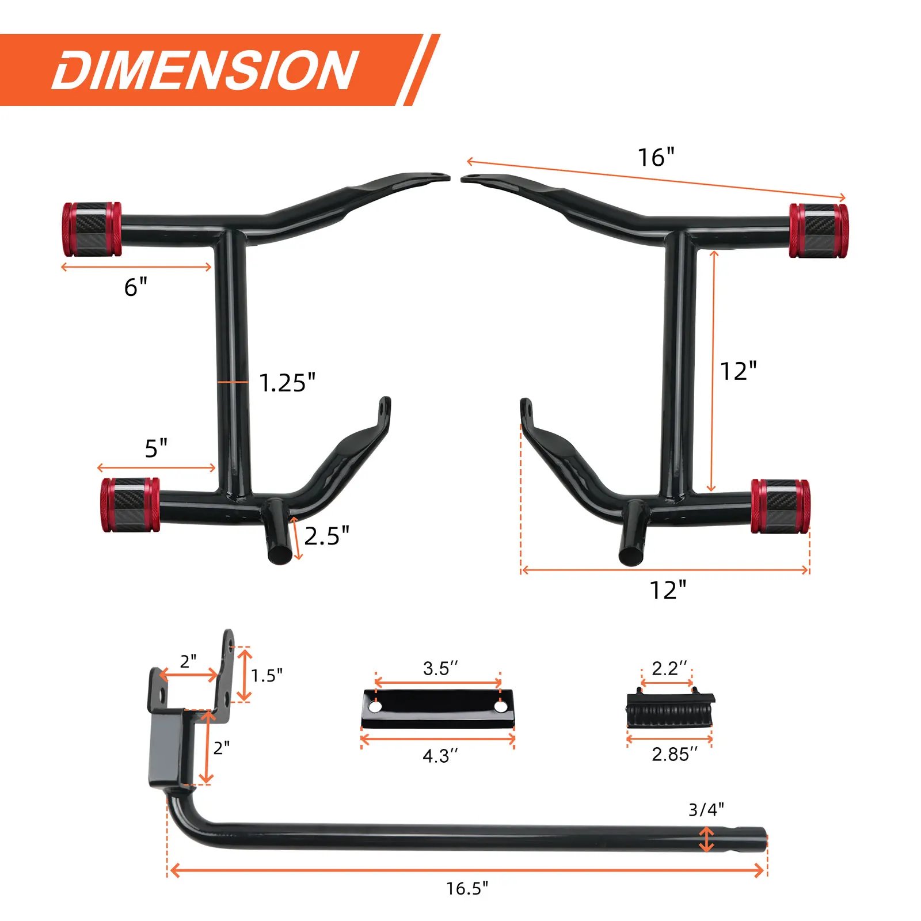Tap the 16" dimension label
tap(656, 157)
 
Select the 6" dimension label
tap(136, 287)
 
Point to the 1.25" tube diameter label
tap(287, 383)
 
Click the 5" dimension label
tap(156, 448)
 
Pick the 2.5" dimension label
tap(326, 536)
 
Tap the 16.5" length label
tap(467, 888)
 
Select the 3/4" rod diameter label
tap(706, 809)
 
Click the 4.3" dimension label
tap(440, 756)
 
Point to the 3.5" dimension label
tap(440, 668)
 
